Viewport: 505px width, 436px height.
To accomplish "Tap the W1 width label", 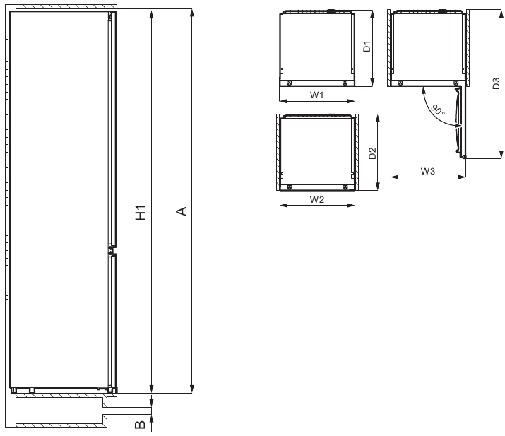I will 316,95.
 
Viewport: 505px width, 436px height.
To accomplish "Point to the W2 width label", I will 316,199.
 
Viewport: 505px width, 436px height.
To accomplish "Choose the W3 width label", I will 427,171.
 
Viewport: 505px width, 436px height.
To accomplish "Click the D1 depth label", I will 367,47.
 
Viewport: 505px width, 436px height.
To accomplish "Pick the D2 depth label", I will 372,153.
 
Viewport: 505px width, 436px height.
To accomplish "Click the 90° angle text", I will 438,110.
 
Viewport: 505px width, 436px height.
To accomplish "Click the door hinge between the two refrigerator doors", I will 111,249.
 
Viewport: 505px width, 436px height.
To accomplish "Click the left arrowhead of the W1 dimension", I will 282,102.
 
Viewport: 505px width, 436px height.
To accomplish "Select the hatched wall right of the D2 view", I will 357,152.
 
